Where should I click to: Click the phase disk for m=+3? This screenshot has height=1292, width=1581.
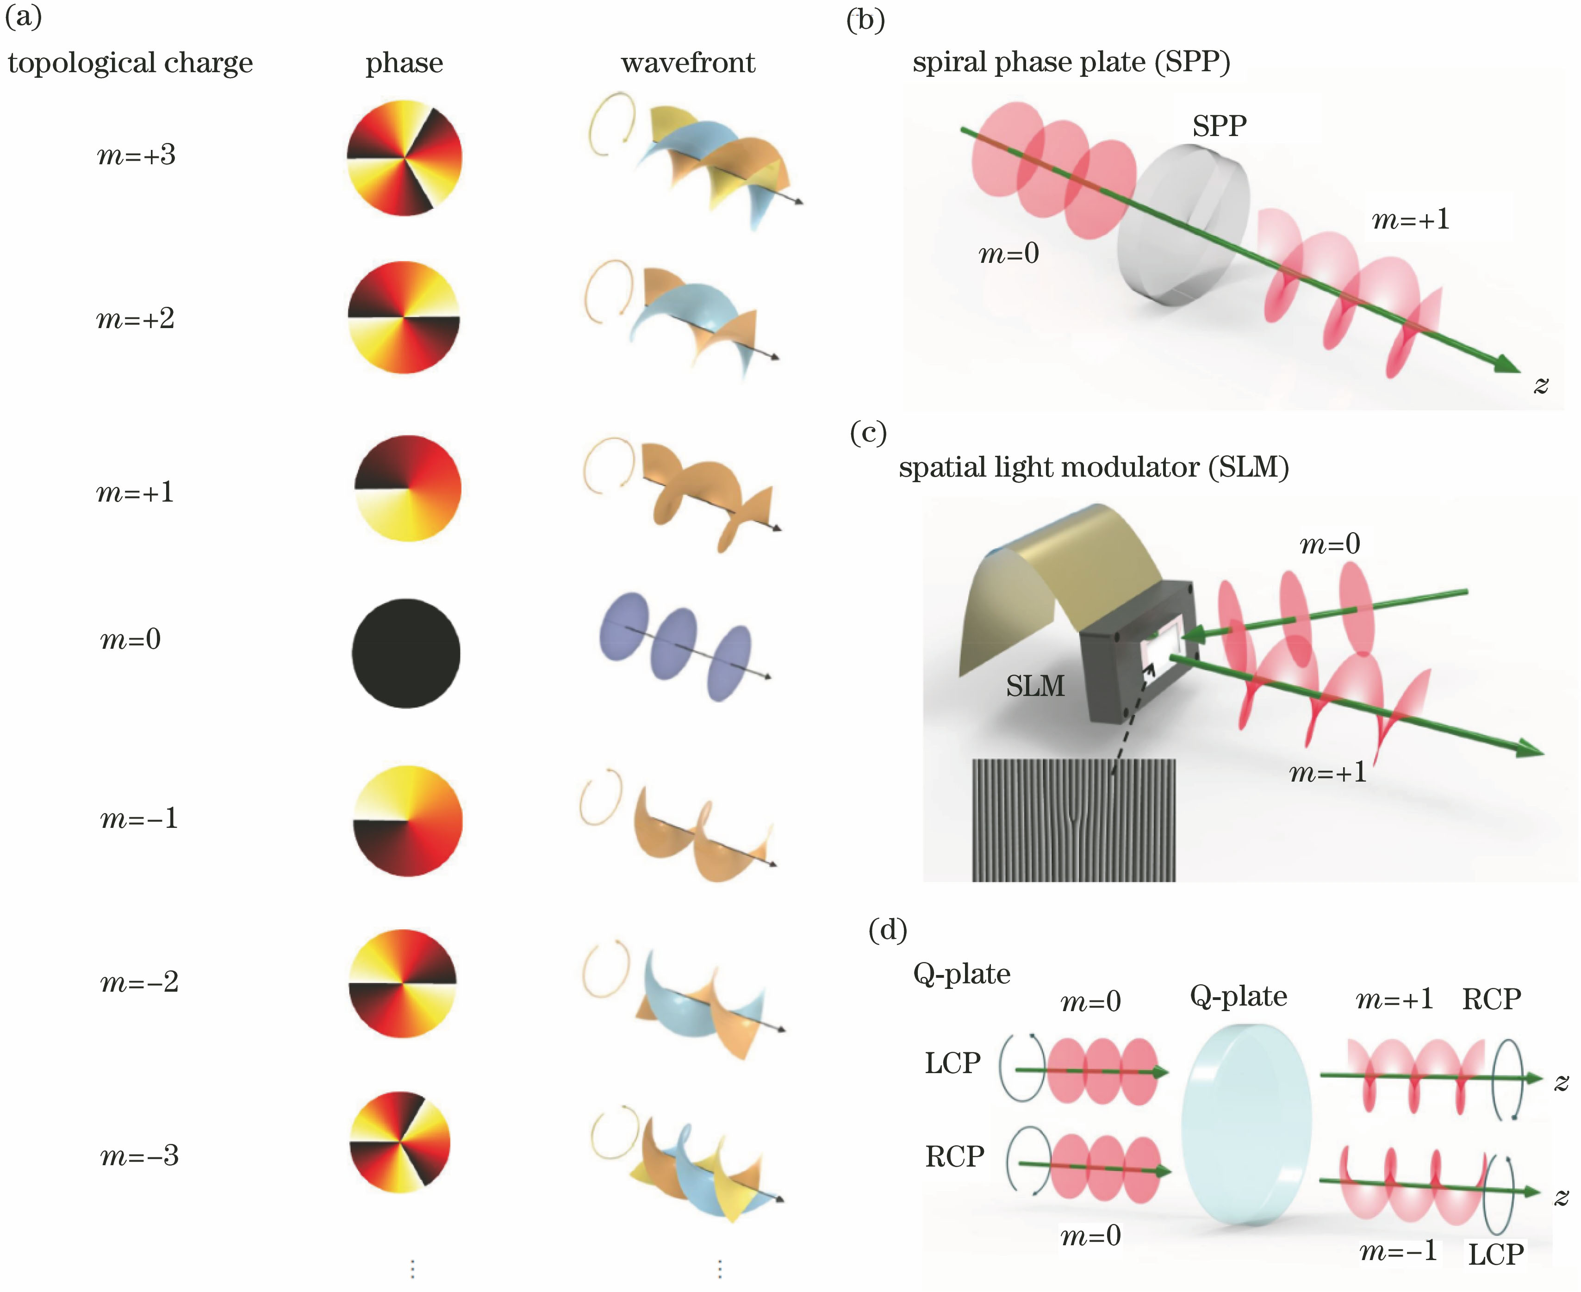tap(404, 158)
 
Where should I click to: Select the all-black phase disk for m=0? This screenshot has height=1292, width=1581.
tap(406, 653)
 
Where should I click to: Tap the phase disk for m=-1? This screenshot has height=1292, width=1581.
tap(407, 821)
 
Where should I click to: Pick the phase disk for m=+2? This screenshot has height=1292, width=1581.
tap(404, 317)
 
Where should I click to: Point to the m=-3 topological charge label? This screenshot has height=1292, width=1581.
tap(139, 1155)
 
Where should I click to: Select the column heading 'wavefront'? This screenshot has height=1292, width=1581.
tap(688, 62)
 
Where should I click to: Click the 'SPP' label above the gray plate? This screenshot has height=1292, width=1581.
tap(1219, 126)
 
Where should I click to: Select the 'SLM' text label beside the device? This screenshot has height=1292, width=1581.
tap(1035, 685)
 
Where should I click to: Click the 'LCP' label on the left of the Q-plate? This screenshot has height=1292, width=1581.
tap(953, 1063)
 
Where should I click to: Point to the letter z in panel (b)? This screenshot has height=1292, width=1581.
tap(1541, 385)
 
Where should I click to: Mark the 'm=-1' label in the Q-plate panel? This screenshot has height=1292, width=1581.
tap(1398, 1251)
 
